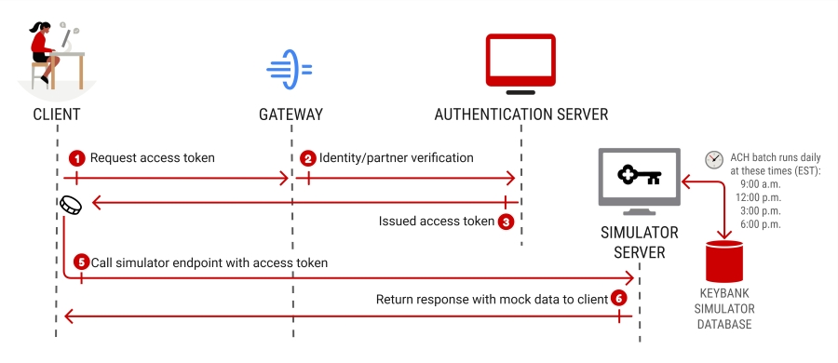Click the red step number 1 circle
tap(78, 158)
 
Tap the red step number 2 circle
tap(307, 158)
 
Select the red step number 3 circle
tap(506, 222)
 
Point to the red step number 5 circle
tap(81, 263)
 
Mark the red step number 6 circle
tap(618, 299)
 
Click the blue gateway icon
tap(289, 70)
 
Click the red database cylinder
tap(724, 262)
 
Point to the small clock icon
tap(714, 159)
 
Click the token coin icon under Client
tap(70, 205)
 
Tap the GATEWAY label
tap(291, 114)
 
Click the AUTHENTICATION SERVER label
tap(520, 114)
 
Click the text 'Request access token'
tap(153, 158)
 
